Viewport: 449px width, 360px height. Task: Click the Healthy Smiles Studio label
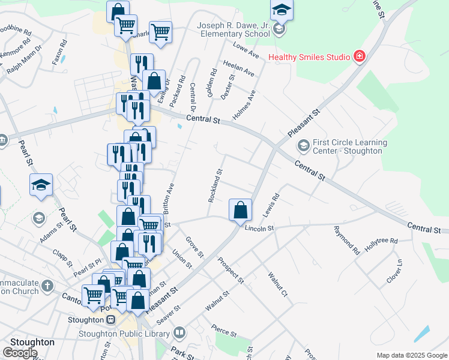coord(309,58)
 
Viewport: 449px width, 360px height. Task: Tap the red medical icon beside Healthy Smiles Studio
coord(360,57)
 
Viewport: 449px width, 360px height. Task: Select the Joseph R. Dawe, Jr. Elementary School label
coord(234,30)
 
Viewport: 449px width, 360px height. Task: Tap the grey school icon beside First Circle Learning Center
coord(303,146)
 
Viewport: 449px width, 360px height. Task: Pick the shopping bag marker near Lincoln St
coord(240,211)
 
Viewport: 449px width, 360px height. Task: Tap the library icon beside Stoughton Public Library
coord(179,332)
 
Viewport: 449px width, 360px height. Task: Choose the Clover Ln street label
coord(395,271)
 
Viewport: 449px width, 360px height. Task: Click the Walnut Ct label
coord(279,285)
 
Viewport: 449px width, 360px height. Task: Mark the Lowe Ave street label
coord(245,50)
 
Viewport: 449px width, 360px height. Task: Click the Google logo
coord(20,353)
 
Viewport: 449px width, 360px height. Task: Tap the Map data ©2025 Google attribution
coord(411,355)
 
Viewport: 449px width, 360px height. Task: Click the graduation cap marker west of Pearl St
coord(41,185)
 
